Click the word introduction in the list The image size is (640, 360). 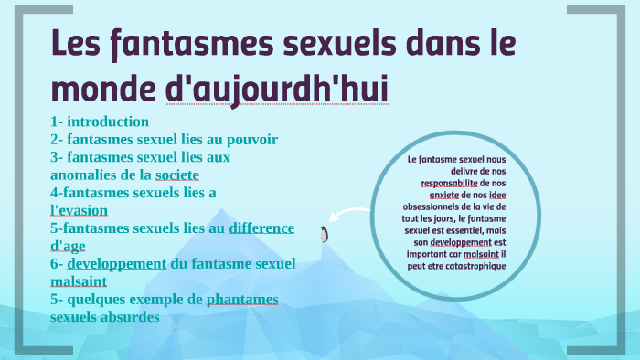point(107,122)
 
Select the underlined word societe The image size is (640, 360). point(177,175)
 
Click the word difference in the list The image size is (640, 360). point(261,228)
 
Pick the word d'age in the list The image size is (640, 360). point(71,246)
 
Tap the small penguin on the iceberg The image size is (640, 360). point(323,235)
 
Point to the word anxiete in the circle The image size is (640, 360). point(443,195)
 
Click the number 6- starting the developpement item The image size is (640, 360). point(58,263)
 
